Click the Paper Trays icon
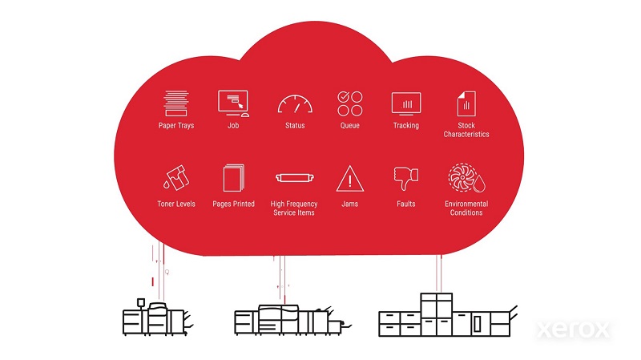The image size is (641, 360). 175,103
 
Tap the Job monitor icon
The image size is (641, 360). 233,103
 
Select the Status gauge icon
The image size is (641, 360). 294,104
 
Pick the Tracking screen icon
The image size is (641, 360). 405,103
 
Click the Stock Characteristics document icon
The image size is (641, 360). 466,103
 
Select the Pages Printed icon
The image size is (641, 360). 233,178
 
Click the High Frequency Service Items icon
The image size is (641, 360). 292,179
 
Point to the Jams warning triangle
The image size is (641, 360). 349,178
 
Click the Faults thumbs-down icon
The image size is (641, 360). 406,178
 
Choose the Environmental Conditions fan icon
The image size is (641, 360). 466,179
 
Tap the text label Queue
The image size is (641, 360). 349,126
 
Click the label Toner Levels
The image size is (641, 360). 176,204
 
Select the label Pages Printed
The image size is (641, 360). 233,204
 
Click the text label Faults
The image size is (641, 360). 406,204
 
